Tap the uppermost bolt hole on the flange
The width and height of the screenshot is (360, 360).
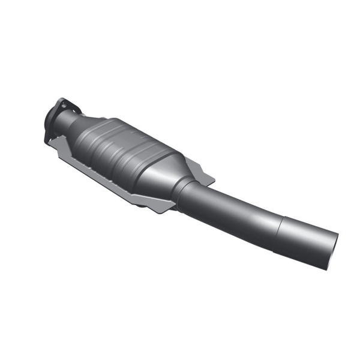pos(62,103)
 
